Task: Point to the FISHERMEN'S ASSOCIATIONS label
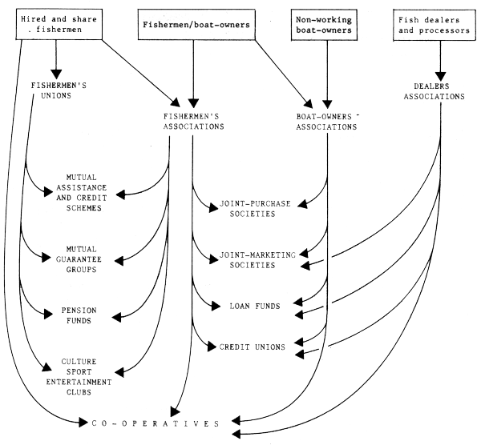pos(192,121)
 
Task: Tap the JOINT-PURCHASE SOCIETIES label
pos(254,210)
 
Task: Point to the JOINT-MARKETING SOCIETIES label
pos(254,260)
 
